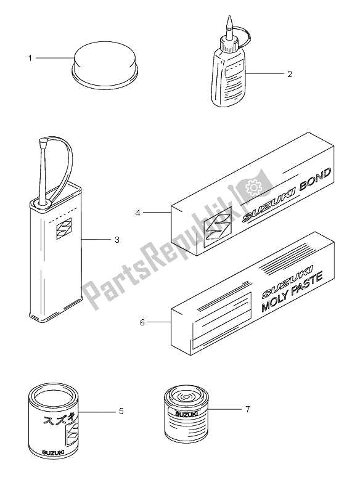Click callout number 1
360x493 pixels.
(x=30, y=58)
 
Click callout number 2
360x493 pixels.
(x=290, y=74)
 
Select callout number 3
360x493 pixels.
(x=117, y=240)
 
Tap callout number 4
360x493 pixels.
(x=137, y=213)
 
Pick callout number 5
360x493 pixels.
(x=121, y=411)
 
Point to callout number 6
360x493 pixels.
(x=142, y=322)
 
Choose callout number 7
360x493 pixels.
(x=248, y=409)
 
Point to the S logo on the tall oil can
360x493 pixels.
(x=64, y=228)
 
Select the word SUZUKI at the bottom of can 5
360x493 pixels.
(x=53, y=452)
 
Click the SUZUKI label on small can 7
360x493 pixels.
(x=186, y=414)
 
